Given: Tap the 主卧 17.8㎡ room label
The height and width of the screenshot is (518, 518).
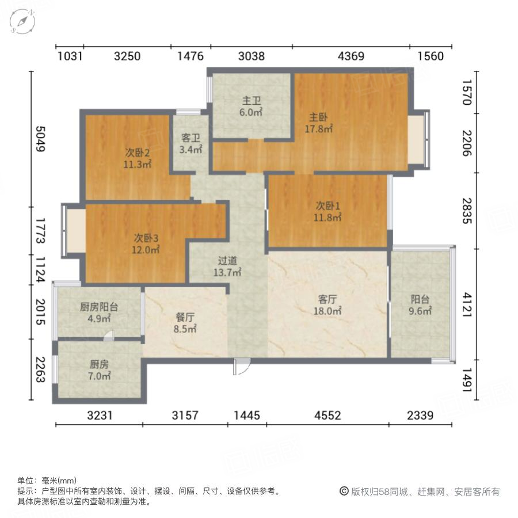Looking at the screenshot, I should (318, 123).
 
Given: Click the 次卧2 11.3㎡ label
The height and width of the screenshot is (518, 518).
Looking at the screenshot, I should (137, 158).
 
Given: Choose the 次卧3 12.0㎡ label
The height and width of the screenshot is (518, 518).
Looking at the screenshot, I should (146, 243).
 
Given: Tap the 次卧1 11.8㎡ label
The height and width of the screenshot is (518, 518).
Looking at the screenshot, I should (328, 211).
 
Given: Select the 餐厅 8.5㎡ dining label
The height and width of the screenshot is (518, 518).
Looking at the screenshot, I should (185, 323).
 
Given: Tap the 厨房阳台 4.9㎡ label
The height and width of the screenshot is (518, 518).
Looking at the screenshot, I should (98, 313).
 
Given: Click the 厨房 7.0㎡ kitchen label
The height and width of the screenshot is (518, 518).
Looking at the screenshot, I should (100, 370).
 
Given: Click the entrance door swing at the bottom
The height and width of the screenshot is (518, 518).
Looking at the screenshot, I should (242, 367).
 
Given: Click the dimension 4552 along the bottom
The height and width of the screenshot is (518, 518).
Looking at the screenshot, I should (327, 415).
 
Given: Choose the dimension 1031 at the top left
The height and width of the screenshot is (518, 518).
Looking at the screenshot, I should (70, 56).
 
